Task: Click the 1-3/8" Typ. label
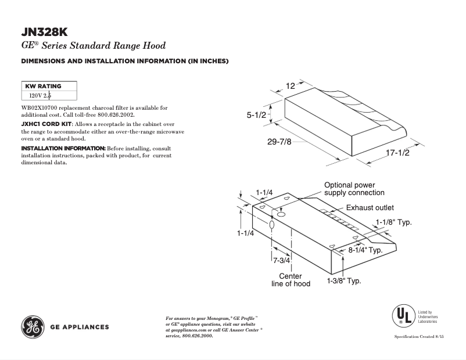(344, 281)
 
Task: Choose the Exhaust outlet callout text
(370, 207)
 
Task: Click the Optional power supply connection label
(354, 189)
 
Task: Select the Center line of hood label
(291, 280)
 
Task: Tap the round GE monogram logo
(32, 327)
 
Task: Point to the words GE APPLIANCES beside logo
(80, 327)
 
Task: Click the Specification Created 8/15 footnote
(419, 337)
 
